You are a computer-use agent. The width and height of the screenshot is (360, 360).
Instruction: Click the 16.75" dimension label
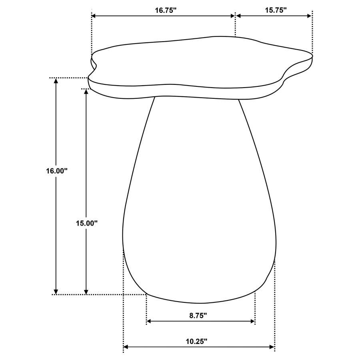pyautogui.click(x=166, y=11)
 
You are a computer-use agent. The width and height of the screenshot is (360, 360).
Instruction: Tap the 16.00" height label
pyautogui.click(x=56, y=171)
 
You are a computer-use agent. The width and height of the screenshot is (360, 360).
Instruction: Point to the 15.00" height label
pyautogui.click(x=87, y=224)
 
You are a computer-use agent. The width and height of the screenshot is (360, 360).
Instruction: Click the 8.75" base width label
pyautogui.click(x=198, y=316)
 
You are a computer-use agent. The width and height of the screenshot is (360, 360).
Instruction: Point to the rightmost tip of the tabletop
pyautogui.click(x=312, y=56)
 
